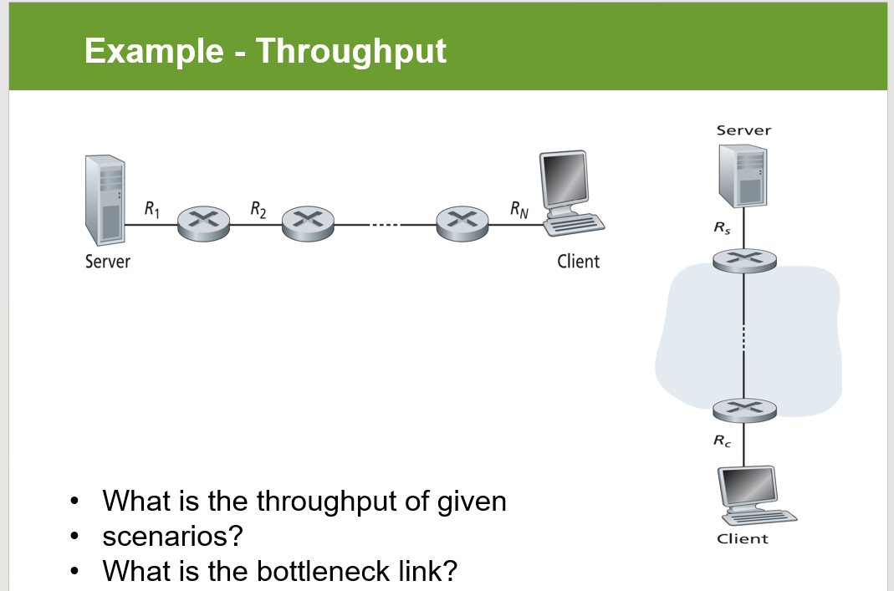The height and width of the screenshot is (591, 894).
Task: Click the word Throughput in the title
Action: point(350,52)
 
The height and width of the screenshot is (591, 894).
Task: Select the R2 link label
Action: point(258,209)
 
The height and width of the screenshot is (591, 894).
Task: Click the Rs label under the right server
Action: point(721,227)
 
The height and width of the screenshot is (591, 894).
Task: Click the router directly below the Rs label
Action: point(743,260)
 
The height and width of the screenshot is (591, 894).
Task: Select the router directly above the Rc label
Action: point(743,409)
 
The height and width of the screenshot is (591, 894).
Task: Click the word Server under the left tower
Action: point(108,262)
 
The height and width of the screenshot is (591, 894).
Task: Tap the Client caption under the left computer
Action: point(578,262)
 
